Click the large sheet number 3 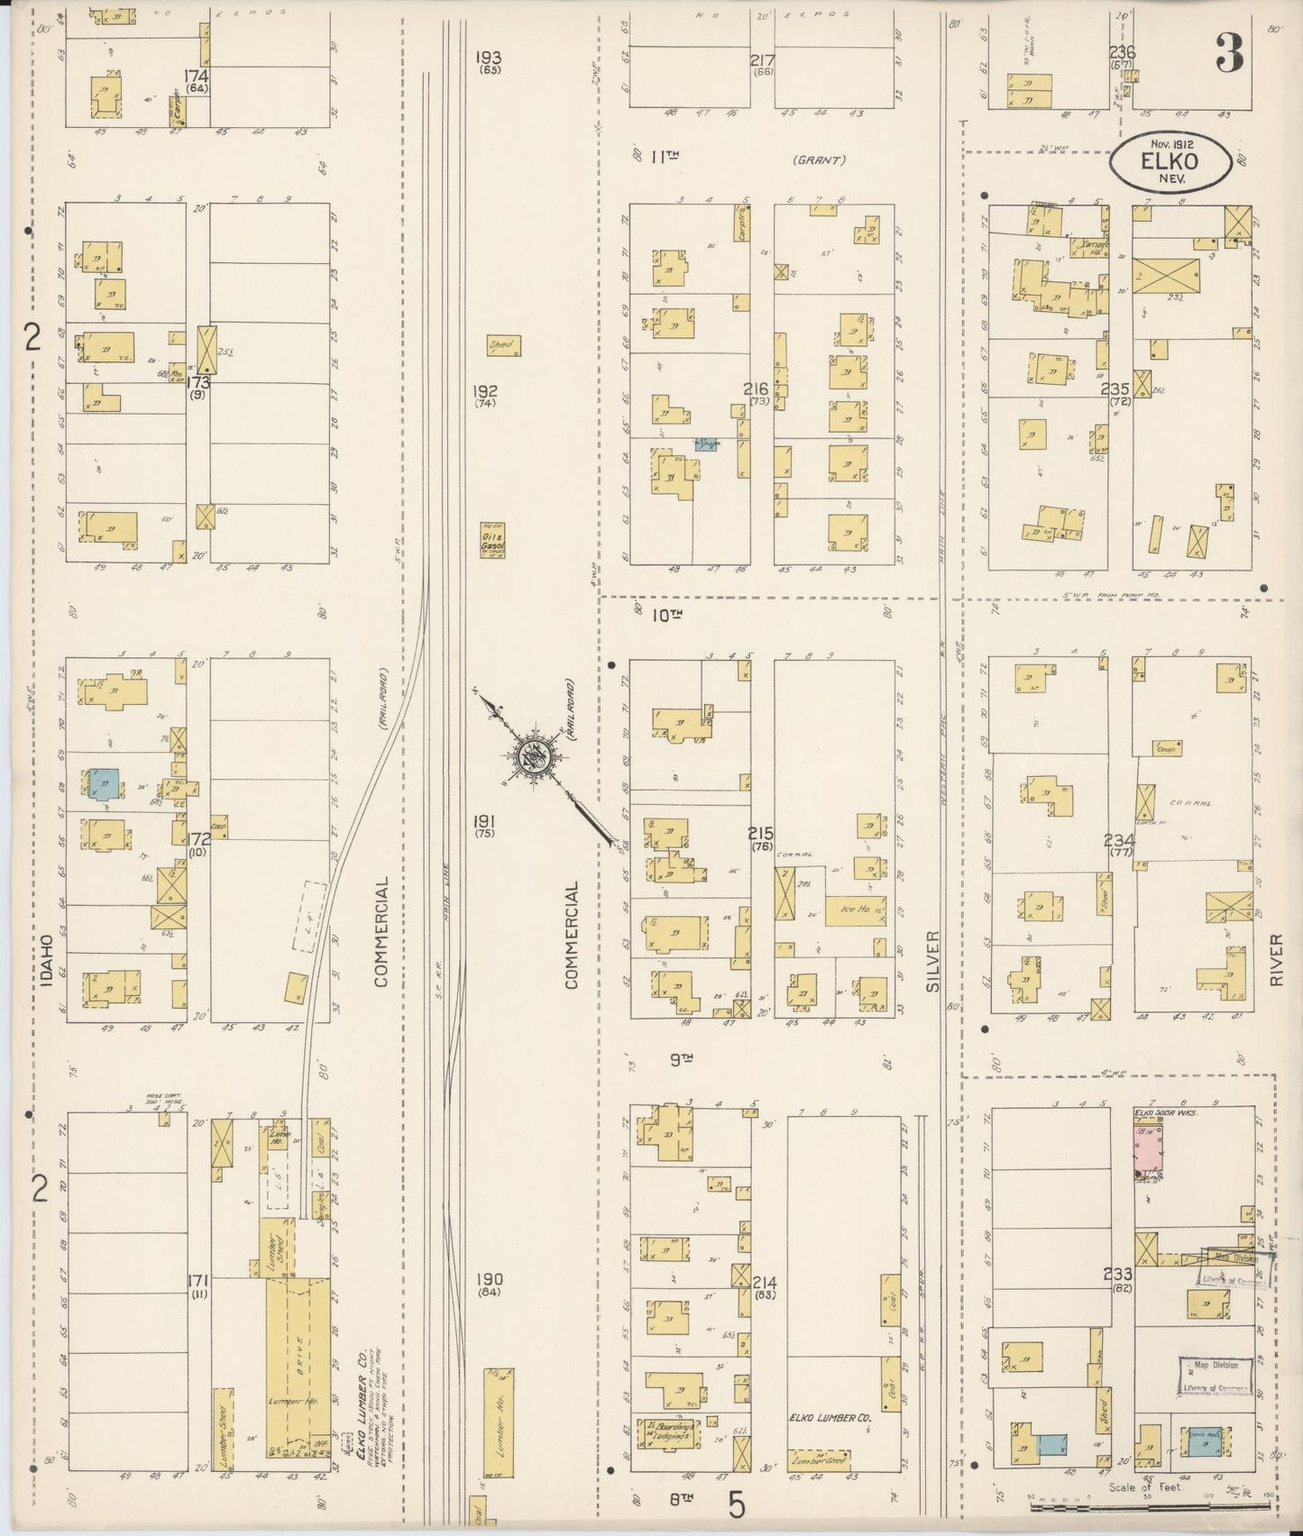1229,52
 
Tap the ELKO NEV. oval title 1170,163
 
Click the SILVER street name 931,962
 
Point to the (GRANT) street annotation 819,160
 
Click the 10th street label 668,616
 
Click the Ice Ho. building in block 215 852,910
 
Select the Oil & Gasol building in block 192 492,540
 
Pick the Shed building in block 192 502,345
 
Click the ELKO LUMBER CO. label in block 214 829,1443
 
